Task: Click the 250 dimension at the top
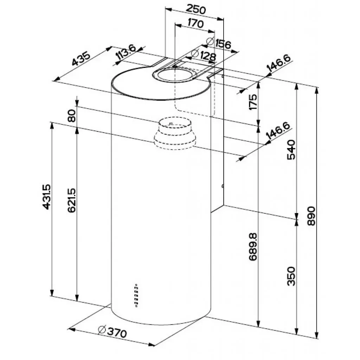coord(196,9)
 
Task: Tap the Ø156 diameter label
coord(218,44)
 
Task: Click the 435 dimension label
coord(81,59)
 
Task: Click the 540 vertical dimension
coord(292,150)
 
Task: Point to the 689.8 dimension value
coord(253,246)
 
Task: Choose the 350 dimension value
coord(292,276)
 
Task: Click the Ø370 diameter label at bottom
coord(112,332)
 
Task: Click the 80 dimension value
coord(72,116)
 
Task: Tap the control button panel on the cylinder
coord(136,295)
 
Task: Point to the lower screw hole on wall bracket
coord(222,186)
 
